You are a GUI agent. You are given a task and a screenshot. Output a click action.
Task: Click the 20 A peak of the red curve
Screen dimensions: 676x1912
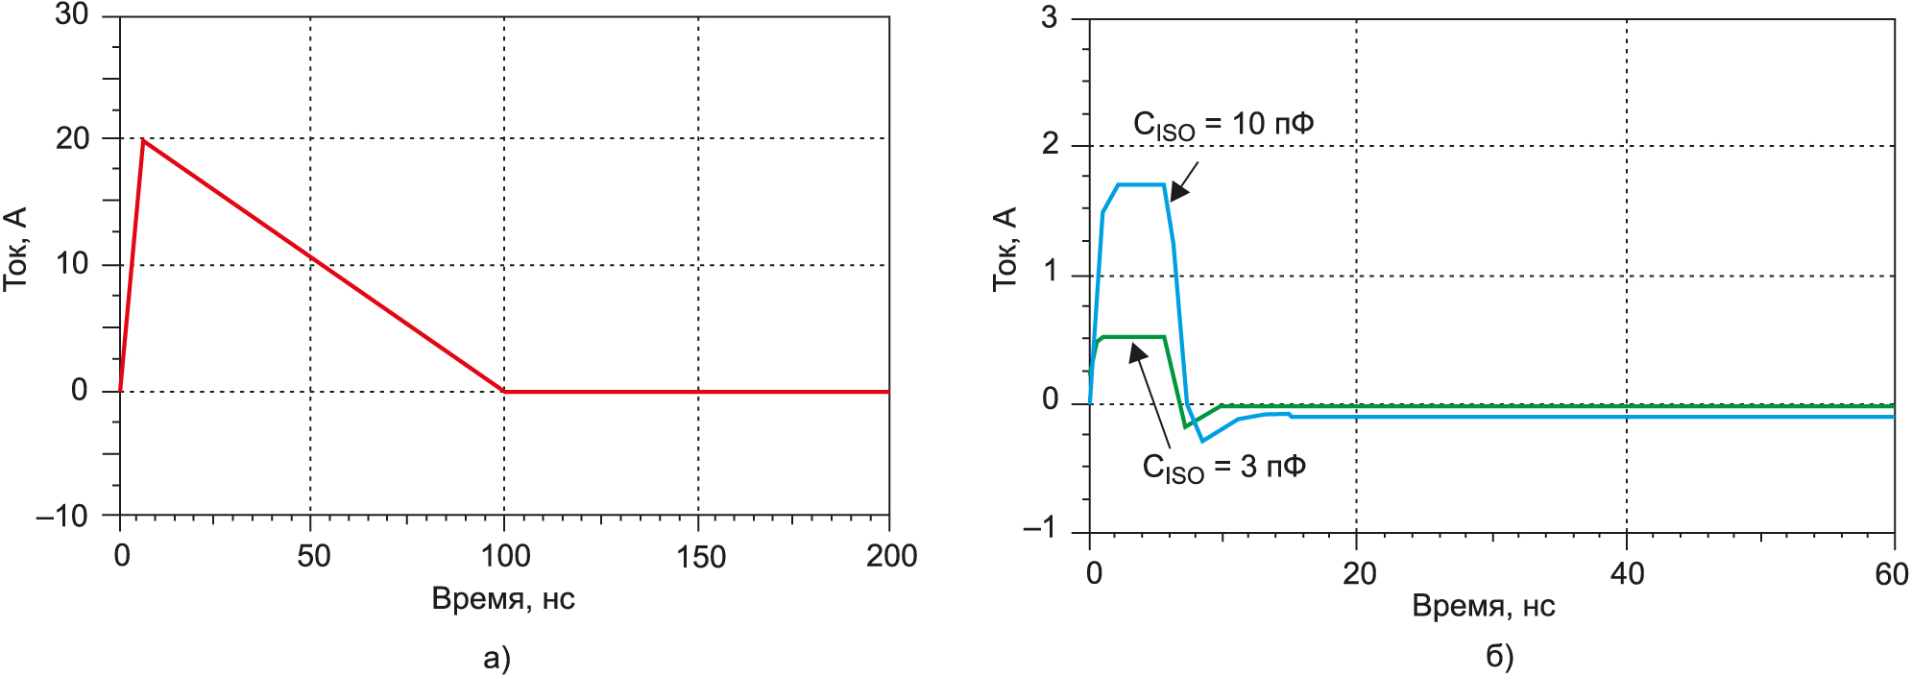tap(143, 140)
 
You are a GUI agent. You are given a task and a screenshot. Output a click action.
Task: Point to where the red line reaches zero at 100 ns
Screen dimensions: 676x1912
tap(505, 391)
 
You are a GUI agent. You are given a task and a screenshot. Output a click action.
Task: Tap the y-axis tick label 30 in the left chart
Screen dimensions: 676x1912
tap(72, 15)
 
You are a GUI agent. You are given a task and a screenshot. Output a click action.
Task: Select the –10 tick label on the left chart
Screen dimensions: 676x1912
tap(62, 516)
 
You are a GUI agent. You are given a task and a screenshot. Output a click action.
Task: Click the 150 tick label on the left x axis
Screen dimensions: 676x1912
tap(700, 556)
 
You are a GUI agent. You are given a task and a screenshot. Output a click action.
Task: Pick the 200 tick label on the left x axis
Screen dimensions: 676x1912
tap(891, 556)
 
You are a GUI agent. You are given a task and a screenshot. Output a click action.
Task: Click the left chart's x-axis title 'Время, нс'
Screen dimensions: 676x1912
tap(503, 599)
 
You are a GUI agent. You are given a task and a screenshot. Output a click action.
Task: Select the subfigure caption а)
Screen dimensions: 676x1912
tap(496, 658)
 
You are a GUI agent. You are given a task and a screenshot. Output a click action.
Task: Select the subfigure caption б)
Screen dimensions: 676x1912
tap(1499, 656)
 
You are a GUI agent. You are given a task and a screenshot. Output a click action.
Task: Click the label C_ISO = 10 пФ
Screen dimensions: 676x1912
tap(1222, 125)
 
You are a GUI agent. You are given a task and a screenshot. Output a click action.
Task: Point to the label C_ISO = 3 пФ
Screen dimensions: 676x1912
tap(1222, 468)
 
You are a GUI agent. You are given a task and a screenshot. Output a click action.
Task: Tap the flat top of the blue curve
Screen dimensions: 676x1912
tap(1141, 184)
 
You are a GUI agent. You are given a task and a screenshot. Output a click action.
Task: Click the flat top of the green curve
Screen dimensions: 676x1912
tap(1133, 337)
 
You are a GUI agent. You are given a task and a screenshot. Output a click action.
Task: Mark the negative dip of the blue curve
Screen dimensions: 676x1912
tap(1202, 441)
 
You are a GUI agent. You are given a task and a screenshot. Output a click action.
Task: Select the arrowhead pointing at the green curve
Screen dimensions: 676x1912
tap(1137, 352)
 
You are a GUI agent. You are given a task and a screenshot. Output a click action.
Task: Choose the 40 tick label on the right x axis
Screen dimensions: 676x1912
tap(1627, 573)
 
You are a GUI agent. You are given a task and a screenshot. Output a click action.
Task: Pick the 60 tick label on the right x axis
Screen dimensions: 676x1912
tap(1891, 573)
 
